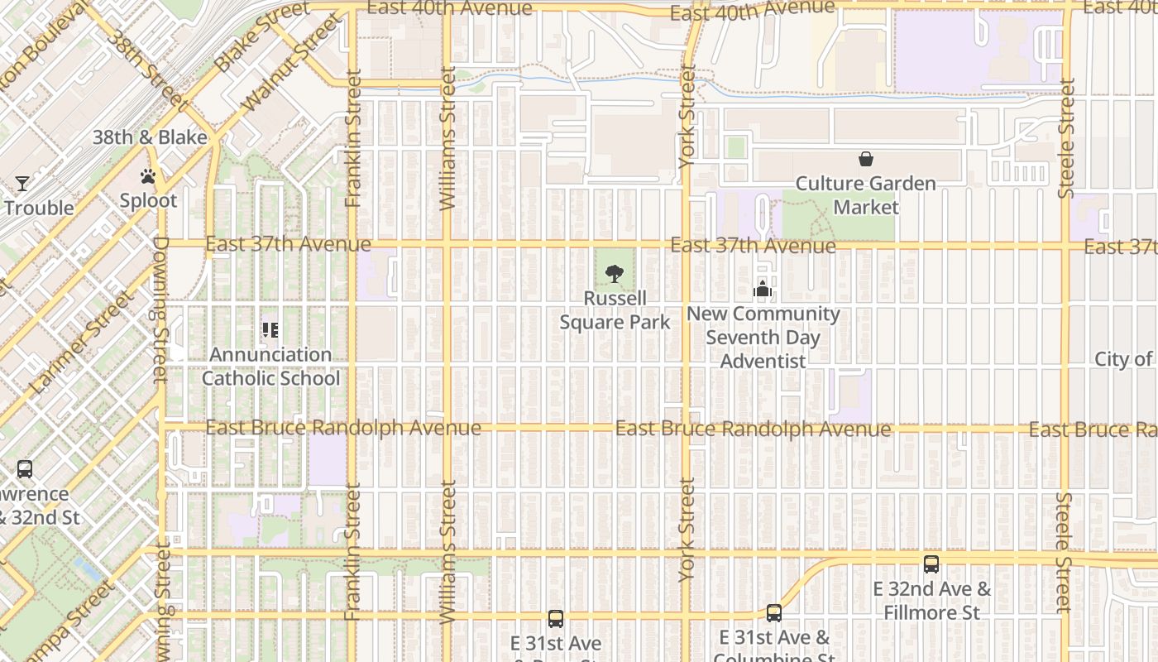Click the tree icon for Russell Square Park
[614, 274]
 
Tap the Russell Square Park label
[615, 309]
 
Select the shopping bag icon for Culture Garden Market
[865, 159]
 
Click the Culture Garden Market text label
[865, 194]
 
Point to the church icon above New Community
[763, 289]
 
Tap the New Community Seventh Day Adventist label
[763, 337]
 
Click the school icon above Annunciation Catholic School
[270, 330]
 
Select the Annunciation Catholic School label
[271, 366]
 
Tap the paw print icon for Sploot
[148, 176]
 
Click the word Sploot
[148, 200]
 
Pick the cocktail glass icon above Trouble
[22, 184]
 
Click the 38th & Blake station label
[150, 137]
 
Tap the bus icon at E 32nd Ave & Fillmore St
[931, 564]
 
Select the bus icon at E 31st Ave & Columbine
[774, 613]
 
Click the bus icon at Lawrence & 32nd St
[25, 469]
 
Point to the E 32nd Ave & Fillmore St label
[931, 601]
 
